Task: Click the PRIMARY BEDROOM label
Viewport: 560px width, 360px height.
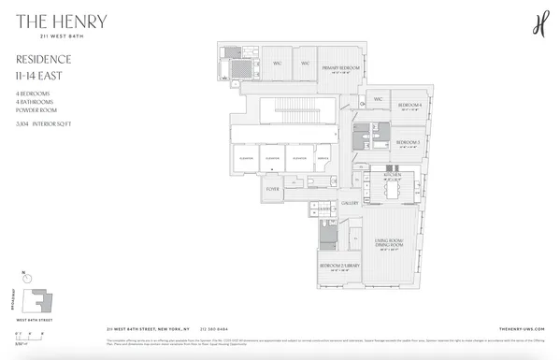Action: (x=342, y=68)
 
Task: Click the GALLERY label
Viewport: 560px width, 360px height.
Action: (x=351, y=202)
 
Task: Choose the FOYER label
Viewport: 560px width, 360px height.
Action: (x=273, y=188)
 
